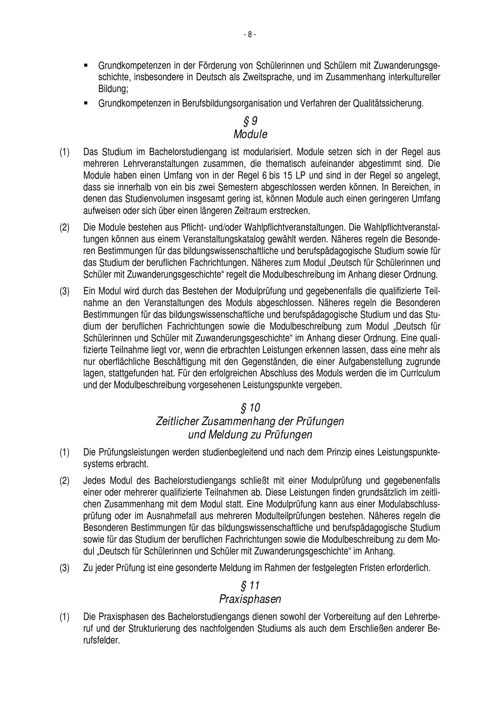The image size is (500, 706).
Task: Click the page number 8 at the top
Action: [250, 35]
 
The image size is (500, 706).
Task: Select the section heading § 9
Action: [250, 121]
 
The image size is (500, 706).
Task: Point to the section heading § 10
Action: [250, 408]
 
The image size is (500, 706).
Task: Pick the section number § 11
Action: [250, 585]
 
